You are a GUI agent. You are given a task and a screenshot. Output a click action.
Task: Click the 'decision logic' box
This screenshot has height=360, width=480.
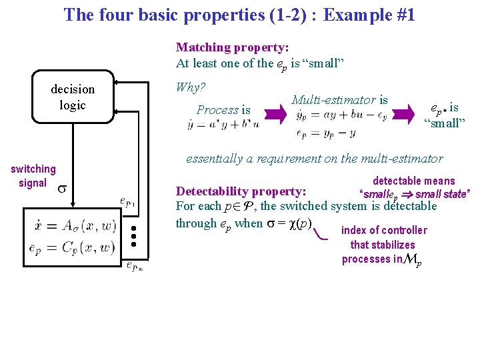point(73,98)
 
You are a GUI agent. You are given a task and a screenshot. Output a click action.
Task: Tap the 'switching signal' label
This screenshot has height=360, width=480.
point(33,176)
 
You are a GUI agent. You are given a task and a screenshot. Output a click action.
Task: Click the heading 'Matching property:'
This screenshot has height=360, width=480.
point(232,47)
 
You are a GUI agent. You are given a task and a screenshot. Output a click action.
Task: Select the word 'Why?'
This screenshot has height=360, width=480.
point(190,87)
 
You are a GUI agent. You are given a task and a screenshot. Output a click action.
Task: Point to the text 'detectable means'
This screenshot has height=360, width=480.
point(413,181)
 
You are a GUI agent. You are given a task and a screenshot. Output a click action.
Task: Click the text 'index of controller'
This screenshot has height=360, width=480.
point(384,231)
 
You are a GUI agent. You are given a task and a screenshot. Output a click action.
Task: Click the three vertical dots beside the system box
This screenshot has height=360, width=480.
point(134,236)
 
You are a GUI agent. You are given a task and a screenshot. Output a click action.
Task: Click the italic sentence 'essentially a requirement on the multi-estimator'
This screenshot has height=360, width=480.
point(314,159)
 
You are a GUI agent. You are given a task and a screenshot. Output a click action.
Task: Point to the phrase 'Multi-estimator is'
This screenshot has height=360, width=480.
point(339,100)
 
